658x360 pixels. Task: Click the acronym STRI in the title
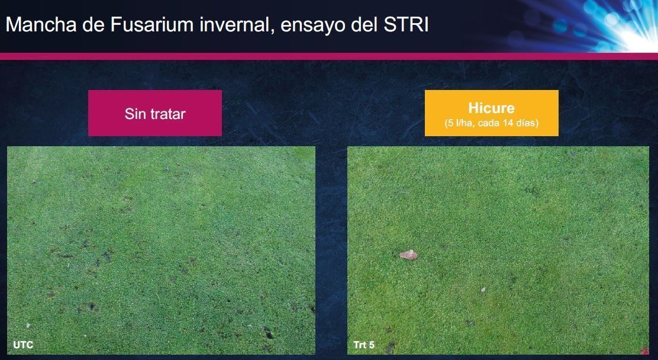406,25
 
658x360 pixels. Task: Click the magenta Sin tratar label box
155,113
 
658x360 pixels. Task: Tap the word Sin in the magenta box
134,114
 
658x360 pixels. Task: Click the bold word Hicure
491,108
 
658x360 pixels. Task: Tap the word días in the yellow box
528,124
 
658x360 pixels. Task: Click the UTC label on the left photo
23,345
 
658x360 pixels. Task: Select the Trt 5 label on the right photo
365,345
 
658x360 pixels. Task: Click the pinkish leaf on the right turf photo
408,255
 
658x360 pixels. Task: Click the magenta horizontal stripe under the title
329,56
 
